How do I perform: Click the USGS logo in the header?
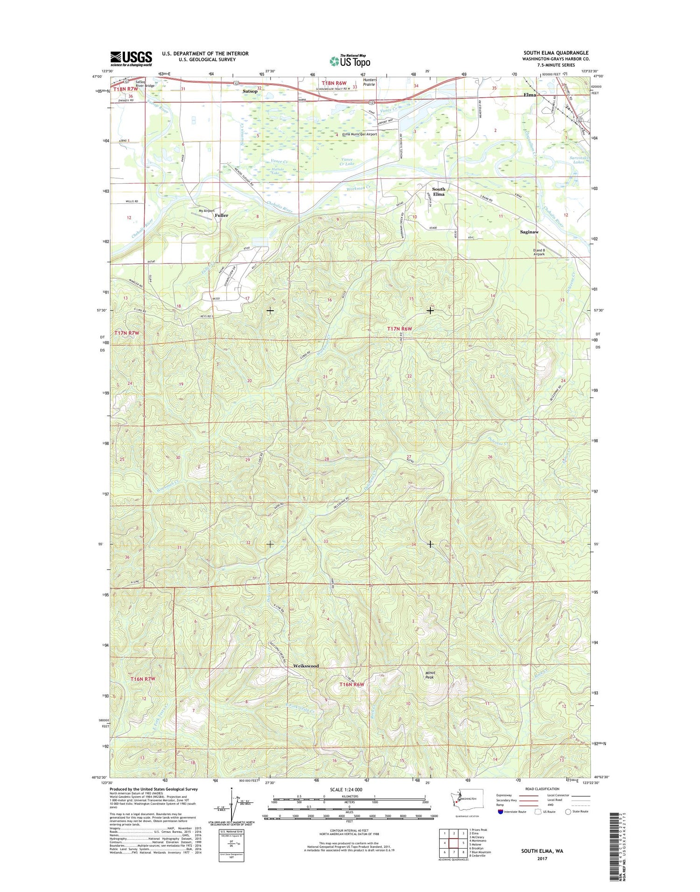tap(131, 58)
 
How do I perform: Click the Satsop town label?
tap(250, 91)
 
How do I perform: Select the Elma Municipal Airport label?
tap(359, 134)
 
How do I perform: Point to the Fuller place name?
tap(222, 216)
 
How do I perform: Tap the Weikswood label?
tap(306, 666)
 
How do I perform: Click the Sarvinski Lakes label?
tap(579, 160)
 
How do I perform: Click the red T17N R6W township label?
tap(400, 329)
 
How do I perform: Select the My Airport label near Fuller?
tap(206, 211)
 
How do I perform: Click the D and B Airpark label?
tap(539, 252)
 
